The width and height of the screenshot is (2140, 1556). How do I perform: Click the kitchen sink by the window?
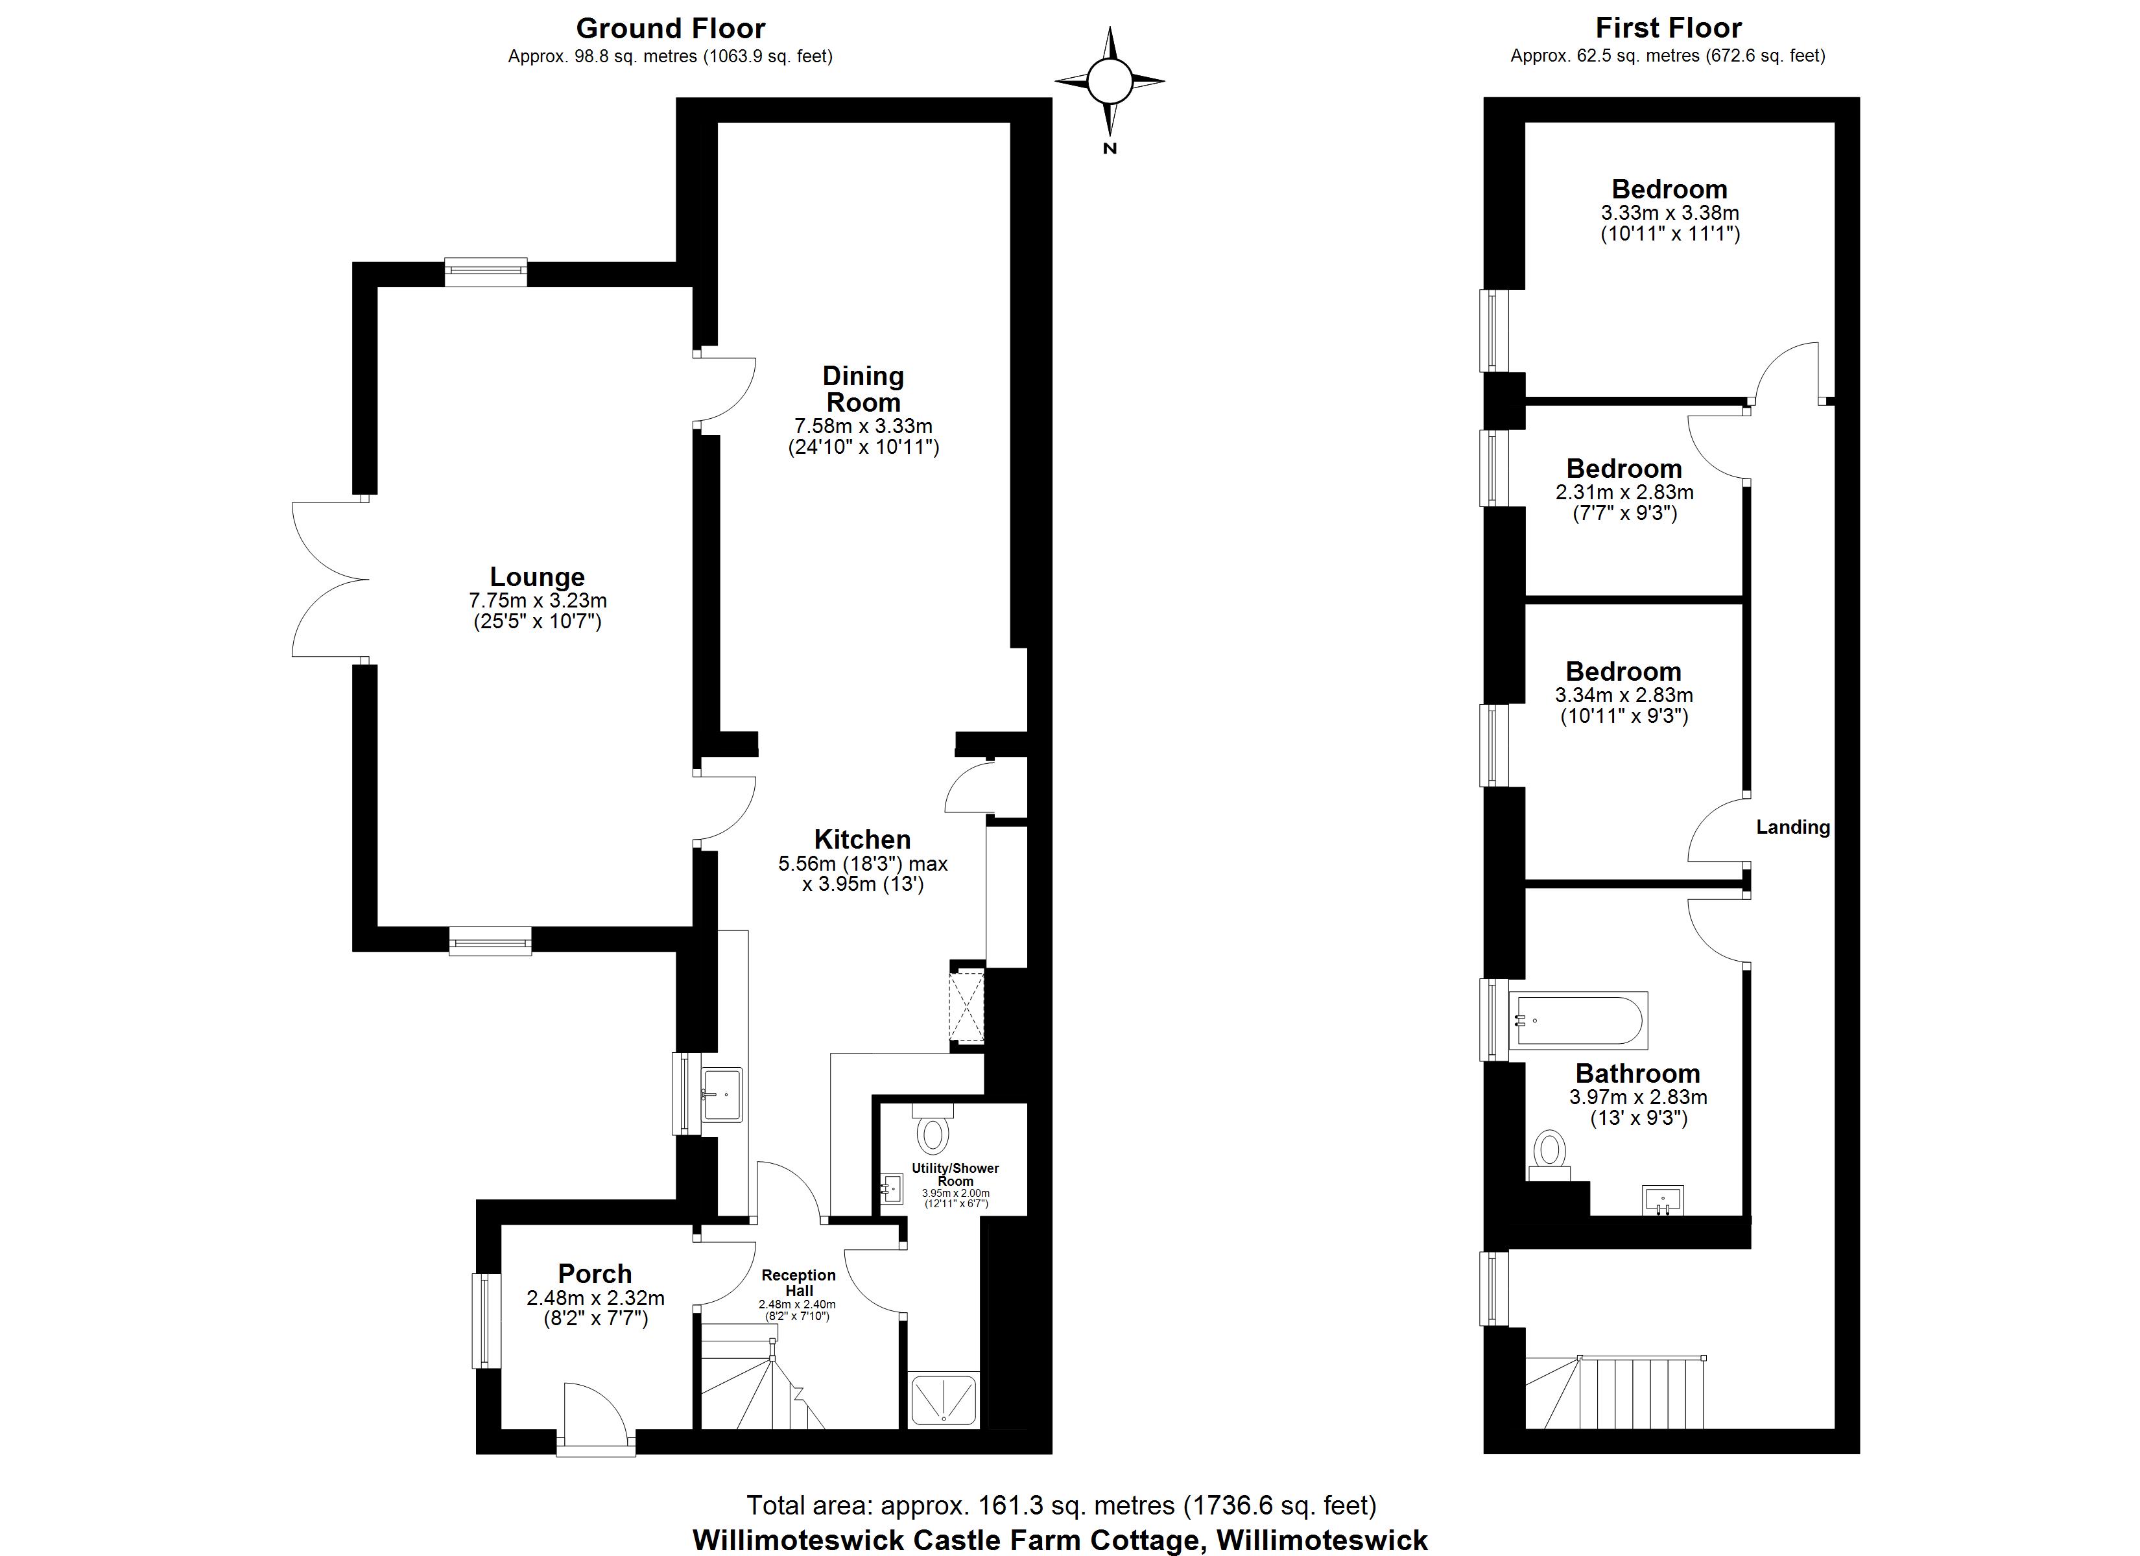(723, 1094)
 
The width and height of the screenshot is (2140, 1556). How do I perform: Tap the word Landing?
(1793, 827)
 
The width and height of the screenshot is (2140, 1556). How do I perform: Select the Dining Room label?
(862, 389)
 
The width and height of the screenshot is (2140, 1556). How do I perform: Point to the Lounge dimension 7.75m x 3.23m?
(538, 600)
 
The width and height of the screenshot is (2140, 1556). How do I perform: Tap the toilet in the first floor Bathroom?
(1549, 1154)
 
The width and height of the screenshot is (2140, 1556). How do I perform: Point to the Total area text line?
(1062, 1504)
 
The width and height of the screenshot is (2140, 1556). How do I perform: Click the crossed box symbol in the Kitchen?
(966, 1005)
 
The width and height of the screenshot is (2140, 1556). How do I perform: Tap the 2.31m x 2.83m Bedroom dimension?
(1624, 493)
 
